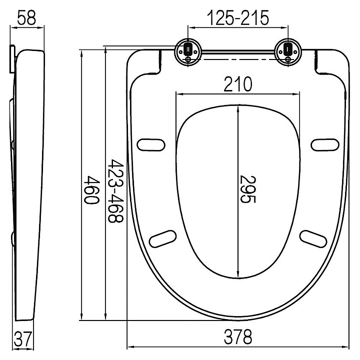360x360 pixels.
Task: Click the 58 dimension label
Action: click(26, 18)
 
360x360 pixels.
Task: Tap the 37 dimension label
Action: click(22, 339)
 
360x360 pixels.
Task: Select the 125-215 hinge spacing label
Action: click(238, 18)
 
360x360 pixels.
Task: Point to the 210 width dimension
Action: click(238, 84)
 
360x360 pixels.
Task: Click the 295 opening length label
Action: click(247, 189)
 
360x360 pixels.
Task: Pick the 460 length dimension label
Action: click(91, 189)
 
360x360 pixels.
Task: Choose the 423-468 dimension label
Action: click(115, 190)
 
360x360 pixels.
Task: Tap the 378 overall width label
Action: click(238, 337)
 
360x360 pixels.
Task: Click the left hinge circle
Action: click(188, 52)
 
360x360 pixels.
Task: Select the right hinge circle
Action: click(288, 52)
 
